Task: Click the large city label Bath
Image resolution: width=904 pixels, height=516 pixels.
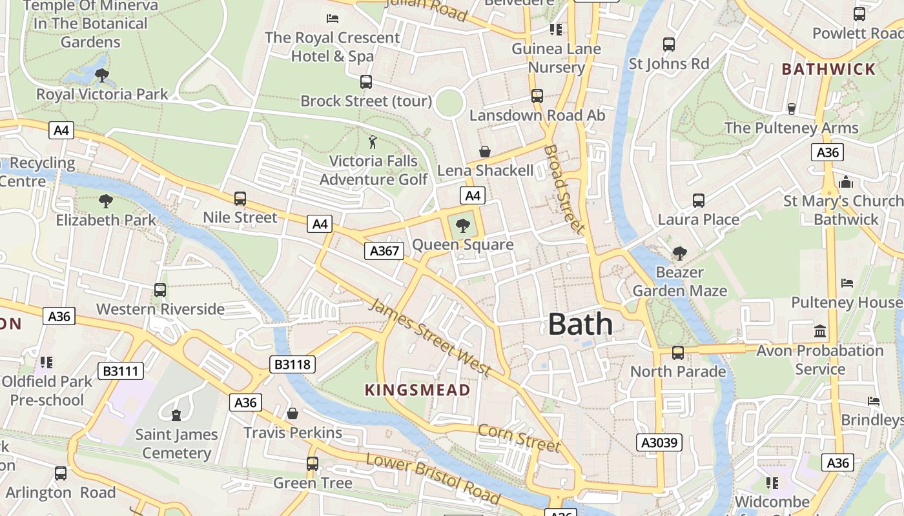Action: click(580, 324)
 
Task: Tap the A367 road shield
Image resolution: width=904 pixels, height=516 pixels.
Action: click(384, 251)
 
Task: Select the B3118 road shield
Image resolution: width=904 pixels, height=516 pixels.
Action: click(293, 364)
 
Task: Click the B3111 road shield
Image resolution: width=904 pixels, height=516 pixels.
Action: click(121, 371)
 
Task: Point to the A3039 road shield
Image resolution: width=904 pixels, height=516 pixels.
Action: click(659, 442)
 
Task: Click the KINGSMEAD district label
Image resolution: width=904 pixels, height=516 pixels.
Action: click(417, 390)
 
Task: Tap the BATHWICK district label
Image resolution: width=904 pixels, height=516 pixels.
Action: click(828, 69)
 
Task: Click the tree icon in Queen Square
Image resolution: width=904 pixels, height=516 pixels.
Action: click(462, 225)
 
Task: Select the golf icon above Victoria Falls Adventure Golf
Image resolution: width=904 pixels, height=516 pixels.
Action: click(373, 141)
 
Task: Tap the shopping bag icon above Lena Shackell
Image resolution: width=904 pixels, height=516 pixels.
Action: click(485, 152)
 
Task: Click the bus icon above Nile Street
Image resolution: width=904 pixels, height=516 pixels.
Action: click(240, 199)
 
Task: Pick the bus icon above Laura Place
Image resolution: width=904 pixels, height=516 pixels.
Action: click(698, 201)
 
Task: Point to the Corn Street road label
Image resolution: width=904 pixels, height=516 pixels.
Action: click(519, 438)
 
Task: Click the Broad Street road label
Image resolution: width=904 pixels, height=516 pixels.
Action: click(563, 188)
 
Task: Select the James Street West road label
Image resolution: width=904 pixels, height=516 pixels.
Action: click(429, 337)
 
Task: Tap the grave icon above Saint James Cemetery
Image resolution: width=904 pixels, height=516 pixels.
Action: click(176, 415)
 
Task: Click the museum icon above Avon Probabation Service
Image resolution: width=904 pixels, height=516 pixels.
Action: click(820, 332)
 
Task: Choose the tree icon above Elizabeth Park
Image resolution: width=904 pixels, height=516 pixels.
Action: click(105, 201)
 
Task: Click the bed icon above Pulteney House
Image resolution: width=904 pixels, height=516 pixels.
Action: click(847, 283)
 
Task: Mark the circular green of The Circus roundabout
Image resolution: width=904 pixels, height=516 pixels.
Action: click(449, 103)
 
